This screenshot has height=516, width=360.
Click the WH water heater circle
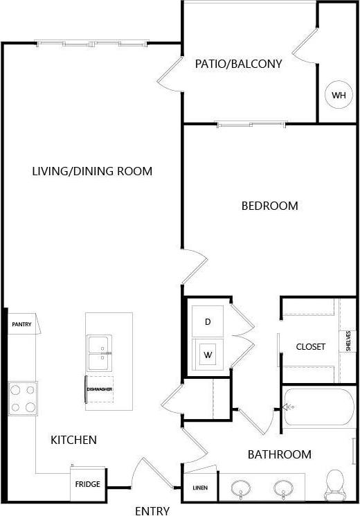click(338, 95)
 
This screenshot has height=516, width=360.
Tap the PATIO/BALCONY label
click(239, 64)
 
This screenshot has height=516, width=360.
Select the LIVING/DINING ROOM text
click(92, 171)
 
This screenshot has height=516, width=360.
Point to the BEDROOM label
click(269, 206)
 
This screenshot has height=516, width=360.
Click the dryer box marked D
click(208, 321)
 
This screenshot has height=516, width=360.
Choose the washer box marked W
click(208, 355)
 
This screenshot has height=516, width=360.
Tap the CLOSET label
click(310, 346)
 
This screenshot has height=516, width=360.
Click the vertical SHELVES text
click(348, 341)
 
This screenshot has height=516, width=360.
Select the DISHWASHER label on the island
click(99, 389)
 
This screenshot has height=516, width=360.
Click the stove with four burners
click(22, 398)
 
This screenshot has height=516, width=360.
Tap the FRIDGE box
click(88, 484)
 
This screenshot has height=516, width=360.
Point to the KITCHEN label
click(73, 440)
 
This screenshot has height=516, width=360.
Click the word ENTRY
click(152, 511)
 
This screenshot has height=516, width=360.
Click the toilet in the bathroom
click(336, 482)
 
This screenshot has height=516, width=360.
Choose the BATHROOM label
click(280, 454)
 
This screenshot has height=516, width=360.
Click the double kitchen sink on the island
click(98, 353)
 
